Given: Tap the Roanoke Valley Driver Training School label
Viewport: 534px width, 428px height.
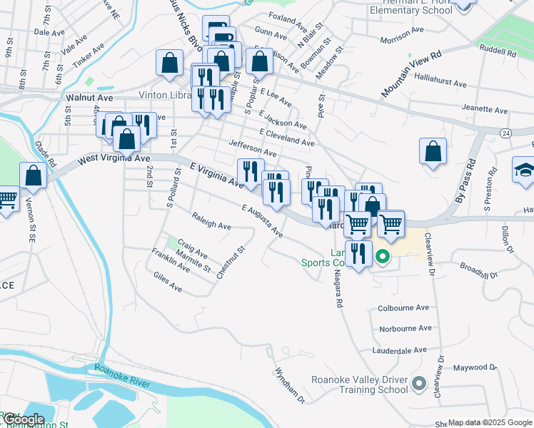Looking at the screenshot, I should coord(360,384).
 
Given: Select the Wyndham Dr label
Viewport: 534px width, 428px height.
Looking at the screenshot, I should coord(290,385).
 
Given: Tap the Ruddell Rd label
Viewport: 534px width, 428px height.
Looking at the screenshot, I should coord(498,51).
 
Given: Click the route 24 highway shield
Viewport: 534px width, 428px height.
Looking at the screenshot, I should coord(505,133).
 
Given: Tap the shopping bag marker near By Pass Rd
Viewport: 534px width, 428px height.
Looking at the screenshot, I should coord(433,151).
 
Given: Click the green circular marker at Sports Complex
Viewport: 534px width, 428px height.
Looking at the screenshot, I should coord(382,257).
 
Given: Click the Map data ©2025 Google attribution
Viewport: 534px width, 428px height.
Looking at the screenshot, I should coord(490,422).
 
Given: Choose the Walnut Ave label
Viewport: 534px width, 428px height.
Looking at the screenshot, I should coord(89,96).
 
